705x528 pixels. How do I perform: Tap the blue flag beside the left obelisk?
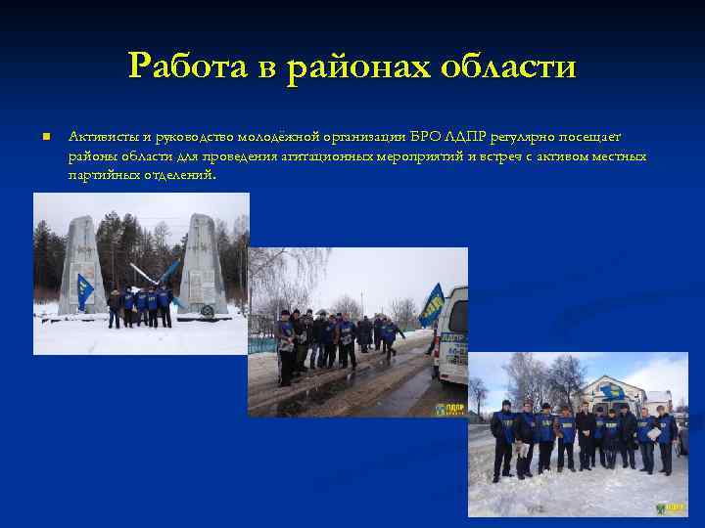click(x=86, y=289)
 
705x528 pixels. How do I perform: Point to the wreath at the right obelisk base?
click(x=207, y=310)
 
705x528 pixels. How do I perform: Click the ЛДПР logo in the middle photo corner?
click(x=449, y=405)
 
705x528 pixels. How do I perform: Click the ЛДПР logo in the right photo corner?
click(x=671, y=507)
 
